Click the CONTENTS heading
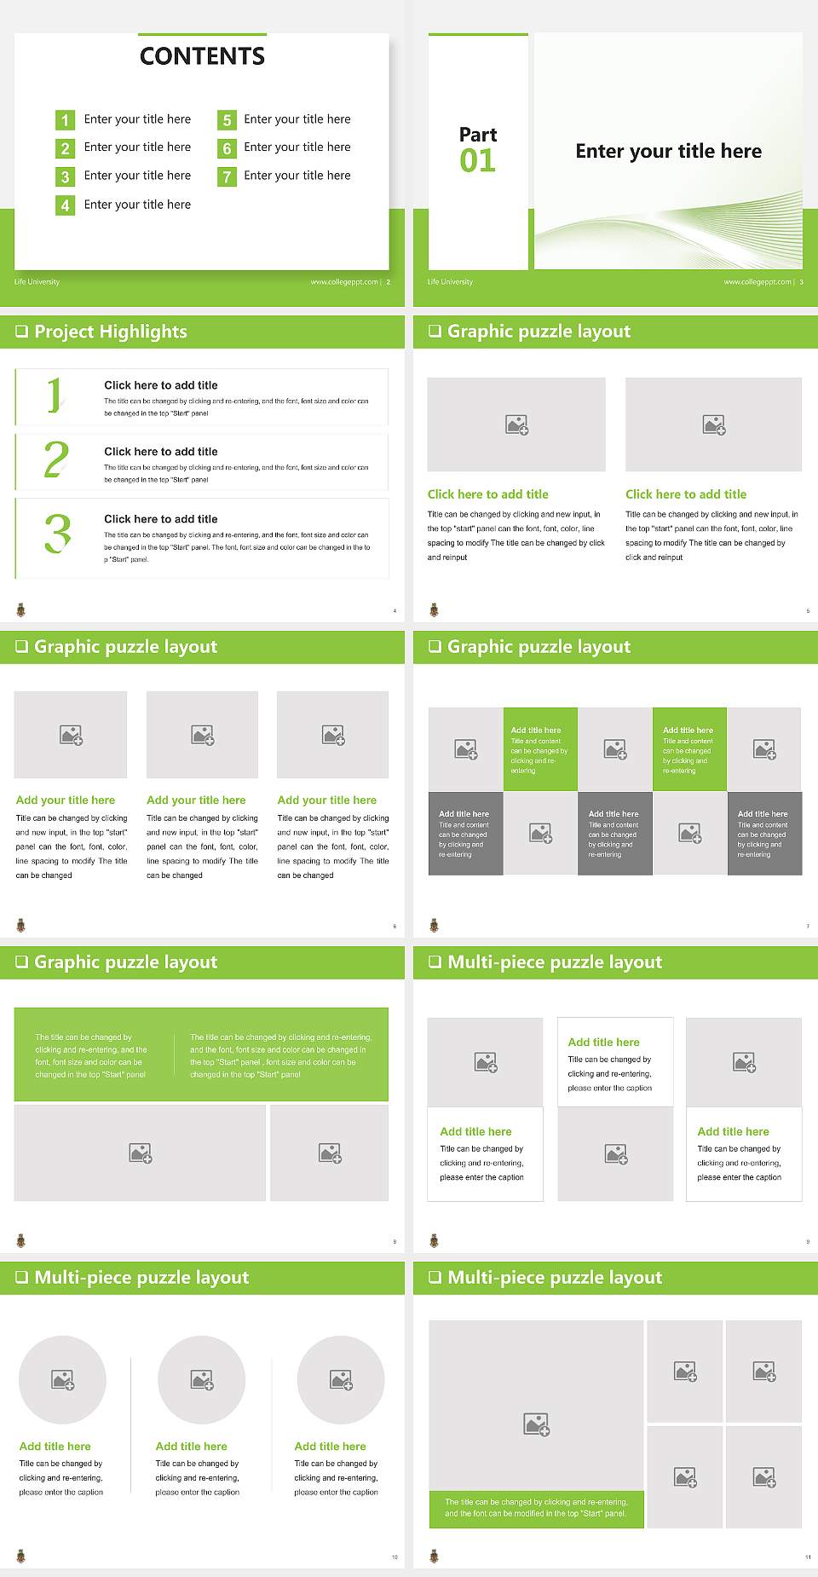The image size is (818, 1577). click(x=202, y=56)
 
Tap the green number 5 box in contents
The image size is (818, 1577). click(x=227, y=120)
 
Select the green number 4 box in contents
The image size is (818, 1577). click(x=65, y=205)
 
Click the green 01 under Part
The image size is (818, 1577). click(x=477, y=161)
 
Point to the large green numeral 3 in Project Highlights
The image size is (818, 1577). click(x=58, y=534)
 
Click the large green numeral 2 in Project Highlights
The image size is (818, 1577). click(x=56, y=460)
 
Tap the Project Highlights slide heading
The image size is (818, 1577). click(x=110, y=332)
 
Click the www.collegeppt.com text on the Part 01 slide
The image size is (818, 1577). click(x=758, y=282)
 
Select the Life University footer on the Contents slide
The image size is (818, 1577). click(x=37, y=282)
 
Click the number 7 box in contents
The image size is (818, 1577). click(x=227, y=177)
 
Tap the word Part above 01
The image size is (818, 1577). click(x=477, y=135)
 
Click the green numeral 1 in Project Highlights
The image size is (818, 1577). click(x=55, y=396)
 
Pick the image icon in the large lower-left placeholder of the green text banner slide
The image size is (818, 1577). click(x=141, y=1153)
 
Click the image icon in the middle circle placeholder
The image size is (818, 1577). click(x=202, y=1379)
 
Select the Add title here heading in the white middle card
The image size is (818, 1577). click(x=603, y=1042)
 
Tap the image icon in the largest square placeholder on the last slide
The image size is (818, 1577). click(x=537, y=1424)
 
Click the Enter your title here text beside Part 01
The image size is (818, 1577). click(x=668, y=152)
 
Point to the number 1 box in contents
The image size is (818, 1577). click(x=65, y=120)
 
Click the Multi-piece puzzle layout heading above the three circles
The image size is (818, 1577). click(x=141, y=1277)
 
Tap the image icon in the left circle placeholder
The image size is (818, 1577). click(x=63, y=1379)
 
